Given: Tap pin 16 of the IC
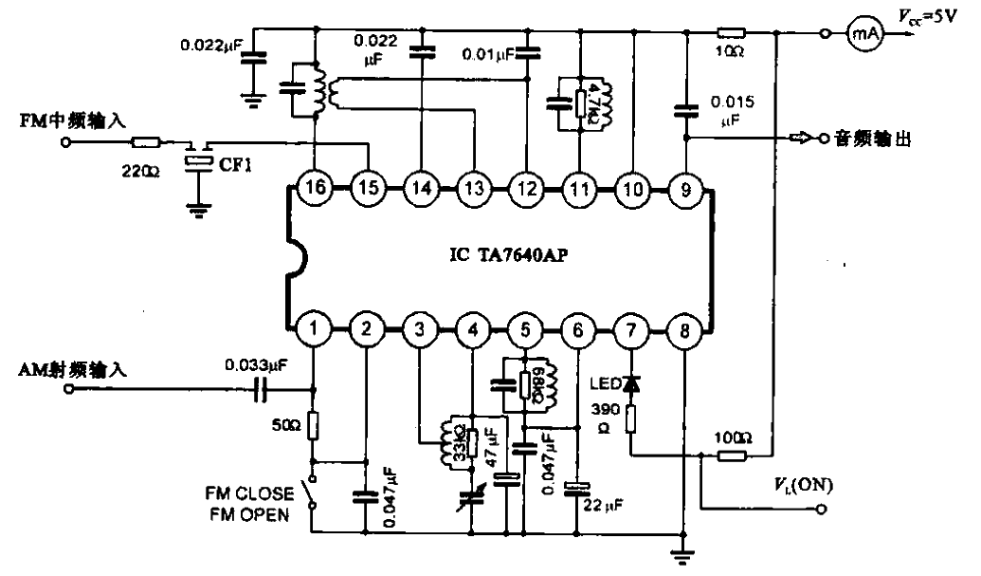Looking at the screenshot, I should tap(315, 188).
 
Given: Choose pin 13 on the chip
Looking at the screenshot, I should tap(472, 188).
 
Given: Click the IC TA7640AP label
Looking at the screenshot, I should tap(504, 256).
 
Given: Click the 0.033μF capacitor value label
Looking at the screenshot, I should tap(256, 363).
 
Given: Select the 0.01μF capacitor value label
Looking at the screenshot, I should tap(490, 56).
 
